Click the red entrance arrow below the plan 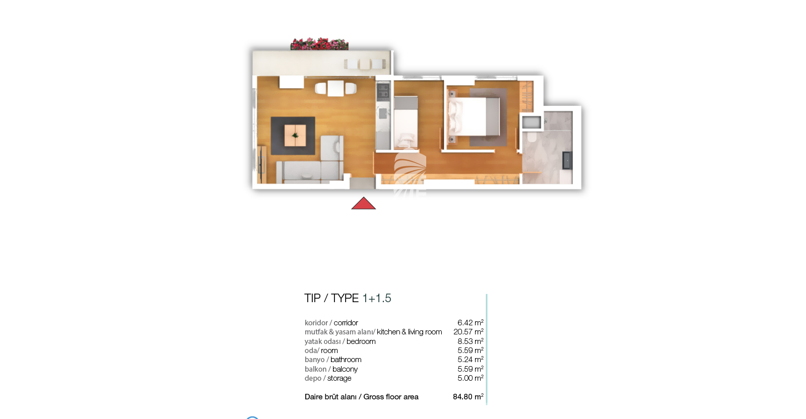(363, 203)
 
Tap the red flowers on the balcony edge (319, 44)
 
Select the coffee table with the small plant (295, 135)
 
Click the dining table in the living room (335, 88)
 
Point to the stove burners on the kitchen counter (383, 92)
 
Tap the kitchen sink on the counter (383, 114)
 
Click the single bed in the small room (406, 122)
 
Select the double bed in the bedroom (474, 117)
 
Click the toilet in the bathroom (532, 136)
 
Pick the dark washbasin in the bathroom (567, 160)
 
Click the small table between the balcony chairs (365, 64)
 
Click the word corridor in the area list (346, 323)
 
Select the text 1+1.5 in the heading (377, 298)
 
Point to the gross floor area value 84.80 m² (468, 397)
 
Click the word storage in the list (339, 378)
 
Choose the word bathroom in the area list (346, 360)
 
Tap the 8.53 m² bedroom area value (471, 341)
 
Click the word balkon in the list (315, 369)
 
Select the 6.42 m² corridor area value (471, 323)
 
